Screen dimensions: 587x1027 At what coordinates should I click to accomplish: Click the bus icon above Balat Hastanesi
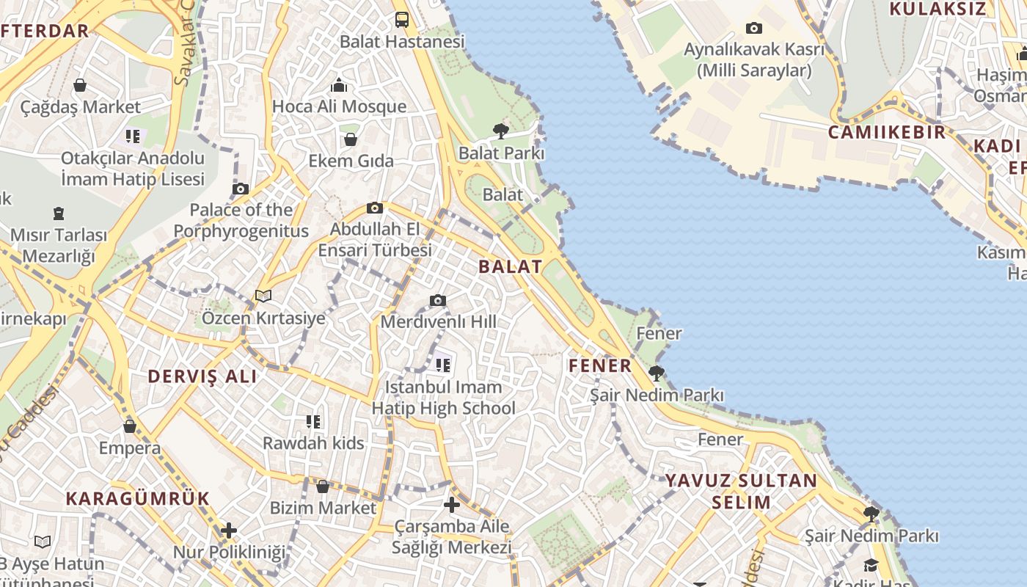point(402,20)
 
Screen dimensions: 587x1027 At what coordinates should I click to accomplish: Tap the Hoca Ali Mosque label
point(339,106)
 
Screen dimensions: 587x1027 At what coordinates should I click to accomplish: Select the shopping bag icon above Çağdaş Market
point(80,86)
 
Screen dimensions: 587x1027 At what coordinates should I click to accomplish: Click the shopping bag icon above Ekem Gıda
point(351,139)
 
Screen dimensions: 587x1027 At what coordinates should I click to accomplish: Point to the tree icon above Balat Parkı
point(501,131)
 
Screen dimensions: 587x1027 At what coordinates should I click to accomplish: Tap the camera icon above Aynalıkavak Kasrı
point(753,29)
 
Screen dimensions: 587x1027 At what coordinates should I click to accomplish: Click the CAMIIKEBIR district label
point(887,133)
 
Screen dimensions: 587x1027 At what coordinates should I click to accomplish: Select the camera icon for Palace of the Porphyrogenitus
point(241,189)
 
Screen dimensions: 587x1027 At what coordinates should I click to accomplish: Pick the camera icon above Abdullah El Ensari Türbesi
point(375,208)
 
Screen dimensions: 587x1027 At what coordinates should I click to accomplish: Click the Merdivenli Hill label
point(438,321)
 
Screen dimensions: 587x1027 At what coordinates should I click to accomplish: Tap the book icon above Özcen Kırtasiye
point(263,296)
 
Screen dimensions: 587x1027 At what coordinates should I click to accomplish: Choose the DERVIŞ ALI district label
point(202,376)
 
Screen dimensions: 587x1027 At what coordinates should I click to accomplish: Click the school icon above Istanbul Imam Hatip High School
point(442,364)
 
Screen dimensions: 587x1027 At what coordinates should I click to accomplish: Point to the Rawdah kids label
point(313,443)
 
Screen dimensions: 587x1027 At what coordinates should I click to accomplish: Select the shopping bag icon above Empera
point(130,426)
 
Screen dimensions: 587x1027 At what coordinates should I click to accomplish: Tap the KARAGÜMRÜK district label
point(138,499)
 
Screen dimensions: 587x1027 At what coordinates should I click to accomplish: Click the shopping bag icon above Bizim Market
point(323,486)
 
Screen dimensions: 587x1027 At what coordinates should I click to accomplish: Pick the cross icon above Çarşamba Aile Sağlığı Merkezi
point(452,505)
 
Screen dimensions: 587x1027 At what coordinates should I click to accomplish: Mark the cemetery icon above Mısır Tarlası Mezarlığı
point(59,214)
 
